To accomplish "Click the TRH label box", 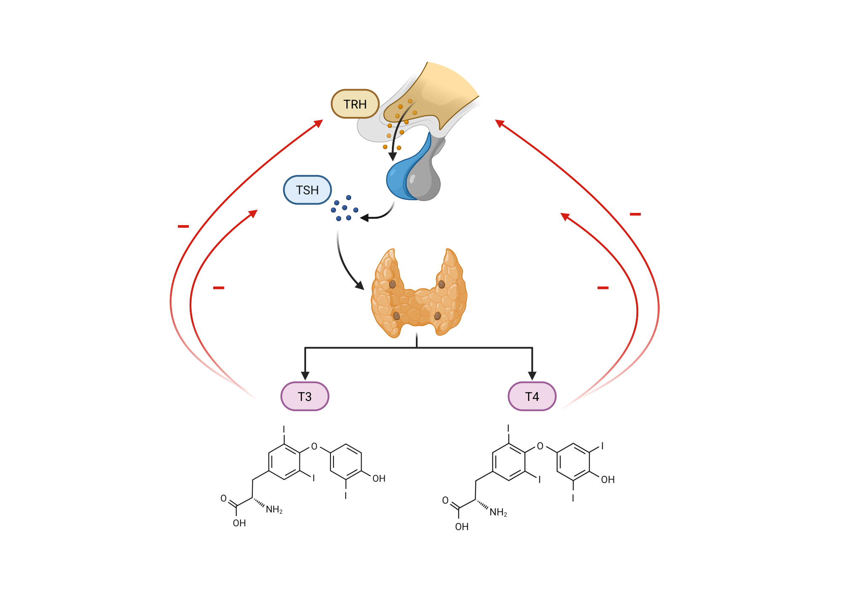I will pyautogui.click(x=355, y=104).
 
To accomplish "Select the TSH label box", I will pyautogui.click(x=307, y=190).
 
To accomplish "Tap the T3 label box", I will pyautogui.click(x=304, y=396).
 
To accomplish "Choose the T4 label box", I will pyautogui.click(x=532, y=396).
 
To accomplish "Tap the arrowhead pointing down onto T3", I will pyautogui.click(x=305, y=375).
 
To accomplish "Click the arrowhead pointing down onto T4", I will pyautogui.click(x=532, y=375).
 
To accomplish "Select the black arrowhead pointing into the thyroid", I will pyautogui.click(x=360, y=285).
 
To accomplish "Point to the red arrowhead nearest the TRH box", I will pyautogui.click(x=319, y=123).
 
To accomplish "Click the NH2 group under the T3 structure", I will pyautogui.click(x=274, y=509).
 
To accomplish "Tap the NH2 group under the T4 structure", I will pyautogui.click(x=498, y=512).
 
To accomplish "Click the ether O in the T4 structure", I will pyautogui.click(x=540, y=446).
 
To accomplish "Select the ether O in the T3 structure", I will pyautogui.click(x=314, y=446).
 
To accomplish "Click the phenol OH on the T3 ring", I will pyautogui.click(x=379, y=479).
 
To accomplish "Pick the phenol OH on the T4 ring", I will pyautogui.click(x=608, y=480).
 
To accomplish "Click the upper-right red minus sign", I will pyautogui.click(x=635, y=215).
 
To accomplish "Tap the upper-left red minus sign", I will pyautogui.click(x=183, y=226).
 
